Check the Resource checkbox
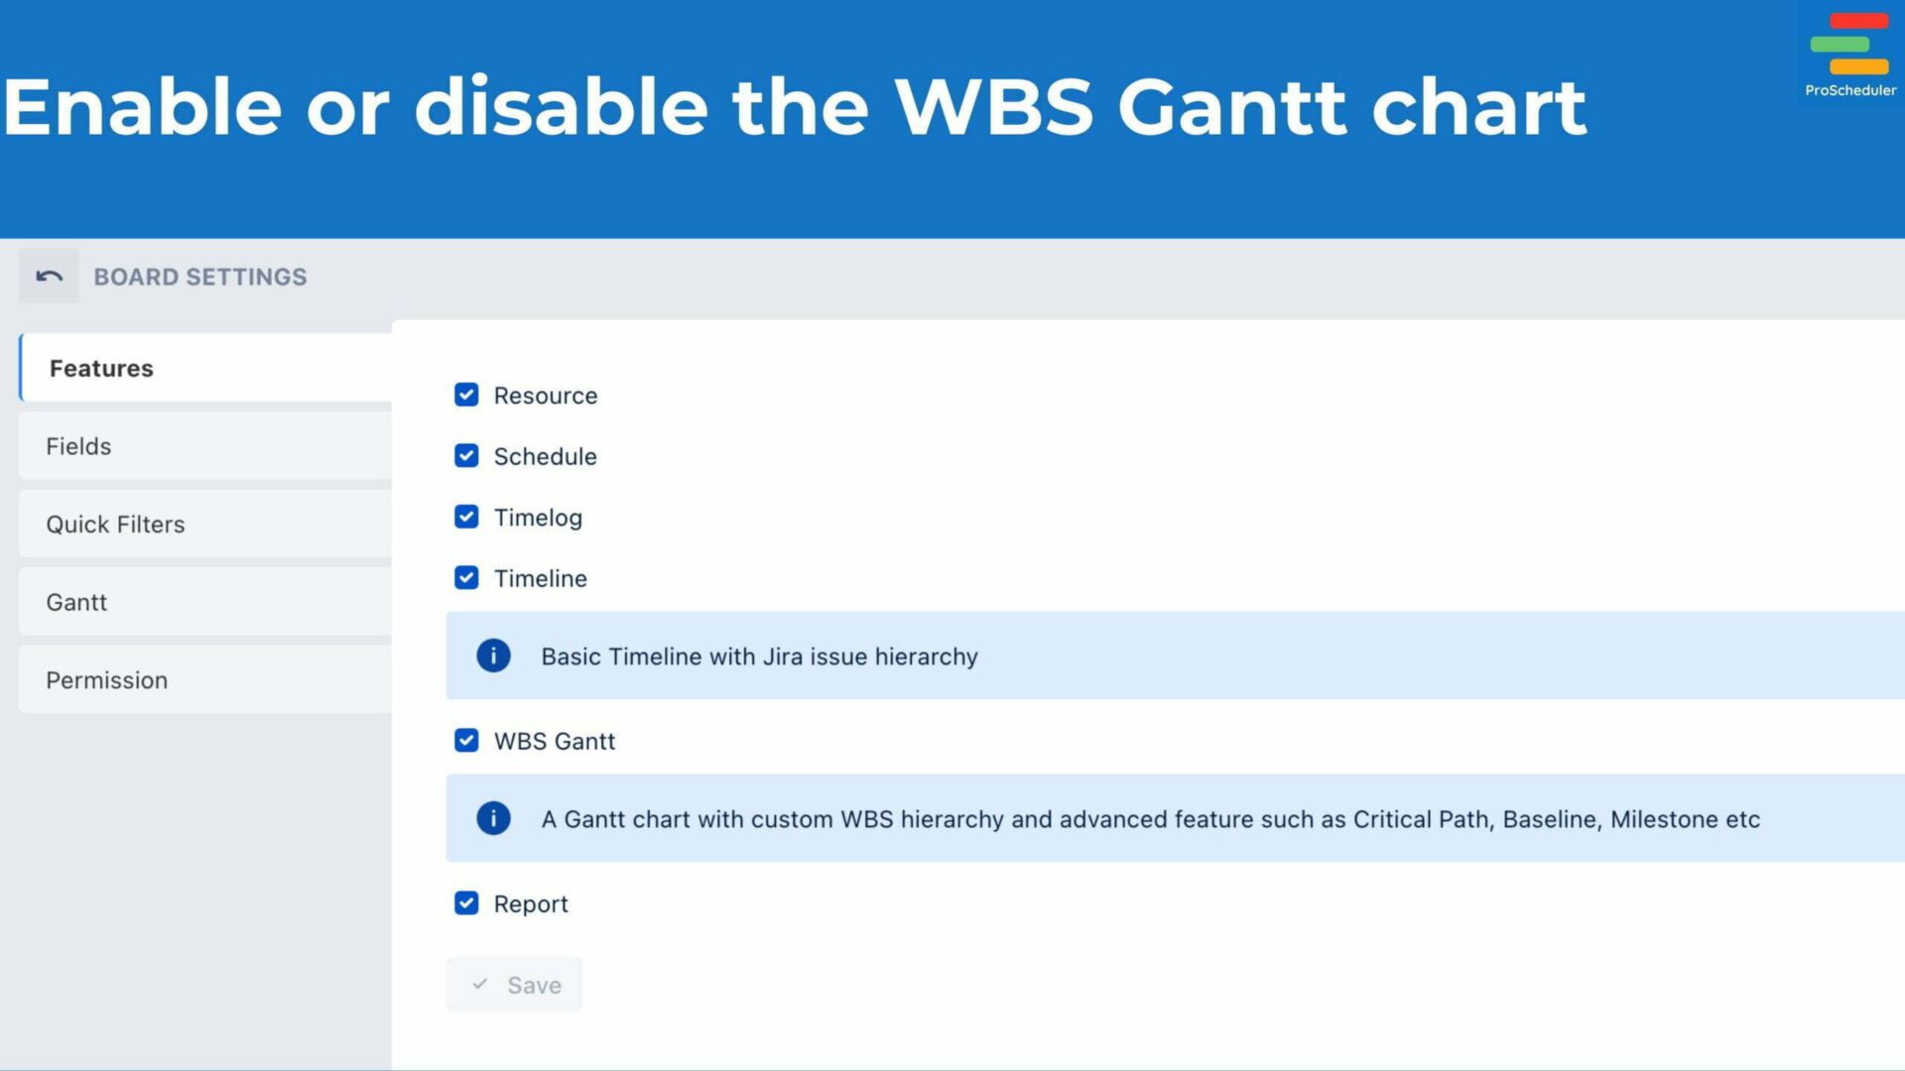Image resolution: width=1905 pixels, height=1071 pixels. (x=466, y=395)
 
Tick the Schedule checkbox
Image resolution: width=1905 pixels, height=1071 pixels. (x=466, y=456)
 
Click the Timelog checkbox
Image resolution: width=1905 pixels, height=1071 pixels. (x=466, y=517)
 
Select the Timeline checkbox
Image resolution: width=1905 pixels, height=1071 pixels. (x=466, y=578)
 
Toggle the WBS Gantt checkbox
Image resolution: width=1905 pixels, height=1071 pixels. (x=466, y=741)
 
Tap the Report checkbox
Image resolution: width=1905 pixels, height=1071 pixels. (x=466, y=903)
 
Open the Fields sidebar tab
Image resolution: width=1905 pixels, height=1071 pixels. (x=204, y=446)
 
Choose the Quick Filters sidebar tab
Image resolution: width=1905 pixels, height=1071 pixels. (x=204, y=524)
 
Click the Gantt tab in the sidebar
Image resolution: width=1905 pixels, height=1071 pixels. (x=204, y=602)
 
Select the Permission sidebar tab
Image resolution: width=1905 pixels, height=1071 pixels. (x=204, y=680)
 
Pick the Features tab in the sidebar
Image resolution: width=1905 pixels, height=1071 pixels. (x=204, y=368)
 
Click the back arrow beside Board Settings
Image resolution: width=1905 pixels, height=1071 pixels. (x=49, y=277)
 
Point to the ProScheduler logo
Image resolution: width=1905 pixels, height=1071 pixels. (x=1849, y=54)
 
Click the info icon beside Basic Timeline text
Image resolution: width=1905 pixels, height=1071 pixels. (x=493, y=655)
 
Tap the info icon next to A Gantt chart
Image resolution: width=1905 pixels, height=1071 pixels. (x=493, y=818)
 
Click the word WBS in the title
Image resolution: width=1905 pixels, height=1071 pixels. (x=993, y=107)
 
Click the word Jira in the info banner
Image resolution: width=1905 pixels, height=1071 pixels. (x=783, y=656)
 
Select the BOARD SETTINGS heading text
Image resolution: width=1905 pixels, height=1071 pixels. (x=200, y=277)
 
